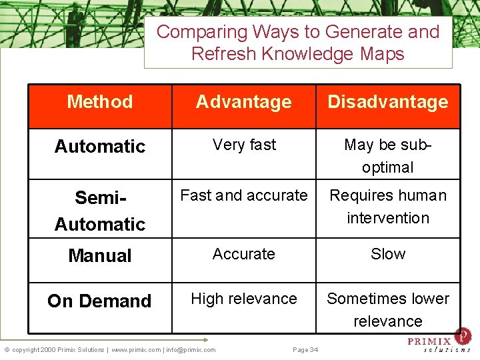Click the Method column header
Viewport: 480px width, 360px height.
[100, 102]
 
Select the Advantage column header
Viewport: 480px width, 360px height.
[243, 102]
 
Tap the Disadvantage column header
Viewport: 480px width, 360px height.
[387, 102]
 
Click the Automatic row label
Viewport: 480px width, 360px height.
[100, 147]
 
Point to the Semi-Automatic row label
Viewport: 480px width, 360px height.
[100, 211]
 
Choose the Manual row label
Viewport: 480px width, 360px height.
[100, 255]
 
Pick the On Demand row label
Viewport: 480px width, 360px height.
[100, 301]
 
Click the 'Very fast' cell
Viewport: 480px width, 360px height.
[244, 145]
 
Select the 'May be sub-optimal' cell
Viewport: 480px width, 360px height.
[387, 156]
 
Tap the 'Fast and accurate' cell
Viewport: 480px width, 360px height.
[244, 195]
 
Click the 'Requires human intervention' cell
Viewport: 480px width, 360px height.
[387, 207]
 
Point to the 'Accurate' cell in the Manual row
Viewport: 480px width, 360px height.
[244, 254]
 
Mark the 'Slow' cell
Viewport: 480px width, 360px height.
[387, 254]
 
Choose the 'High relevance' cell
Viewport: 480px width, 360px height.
[244, 299]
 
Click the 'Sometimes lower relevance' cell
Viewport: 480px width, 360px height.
[387, 309]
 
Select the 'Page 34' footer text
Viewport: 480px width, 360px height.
[305, 350]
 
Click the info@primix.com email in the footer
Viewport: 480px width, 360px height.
[191, 350]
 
